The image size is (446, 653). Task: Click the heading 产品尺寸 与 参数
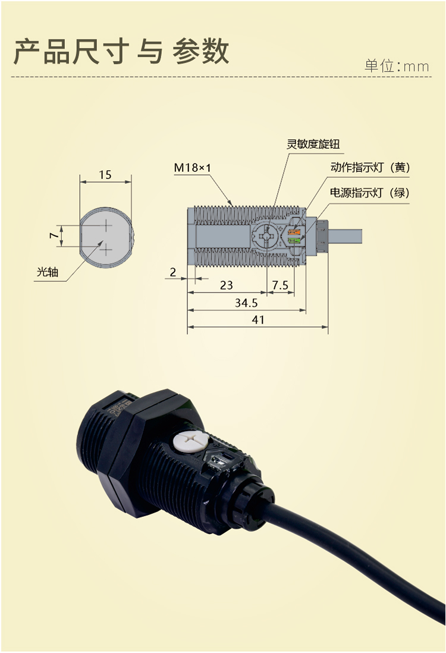click(121, 52)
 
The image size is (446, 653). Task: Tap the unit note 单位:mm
click(397, 66)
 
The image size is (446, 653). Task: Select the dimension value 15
click(105, 175)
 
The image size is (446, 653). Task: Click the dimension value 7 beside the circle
click(54, 236)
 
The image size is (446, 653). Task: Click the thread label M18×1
click(193, 168)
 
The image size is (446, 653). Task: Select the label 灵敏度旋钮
click(313, 145)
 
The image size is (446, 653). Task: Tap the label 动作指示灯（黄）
click(370, 168)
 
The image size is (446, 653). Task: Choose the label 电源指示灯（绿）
click(370, 193)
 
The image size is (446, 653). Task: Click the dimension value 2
click(173, 272)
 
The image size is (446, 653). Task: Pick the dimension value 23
click(227, 285)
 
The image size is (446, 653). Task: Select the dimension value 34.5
click(246, 303)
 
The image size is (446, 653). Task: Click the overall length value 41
click(257, 319)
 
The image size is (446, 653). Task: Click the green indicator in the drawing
click(294, 241)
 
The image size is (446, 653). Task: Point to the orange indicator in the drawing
click(294, 231)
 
